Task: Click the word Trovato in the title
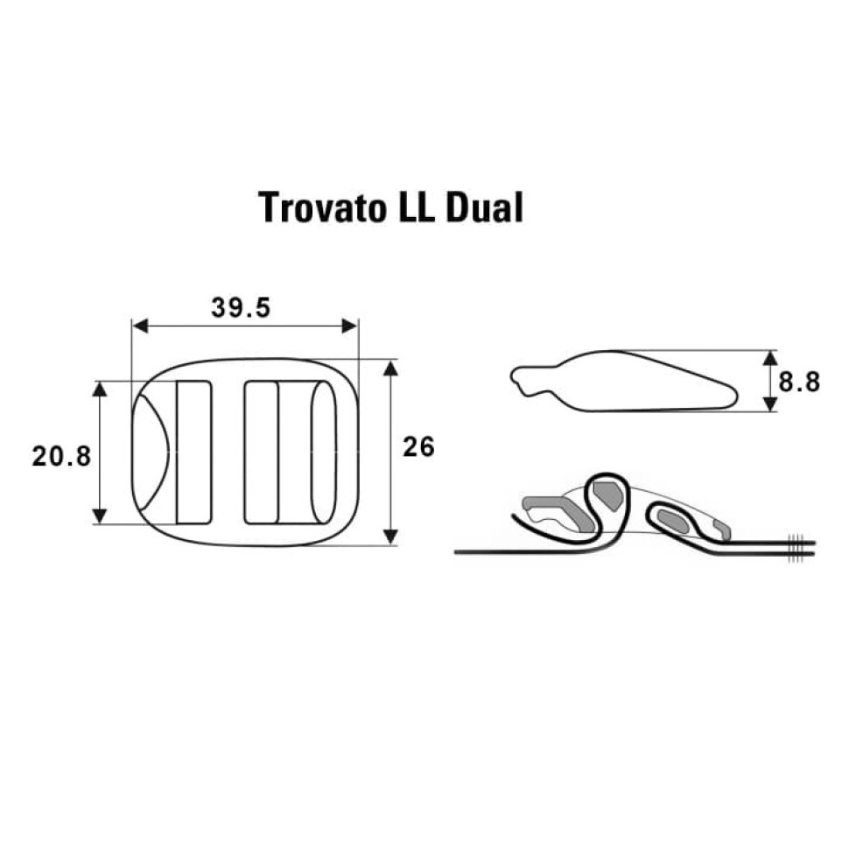pos(321,208)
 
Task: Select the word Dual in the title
pos(484,207)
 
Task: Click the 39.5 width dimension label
pos(241,308)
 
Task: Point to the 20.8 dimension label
pos(61,456)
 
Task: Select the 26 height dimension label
pos(418,447)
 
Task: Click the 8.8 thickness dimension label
pos(799,382)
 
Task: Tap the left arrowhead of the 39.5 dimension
pos(140,326)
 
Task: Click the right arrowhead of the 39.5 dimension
pos(350,326)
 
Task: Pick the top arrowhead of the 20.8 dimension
pos(100,389)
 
